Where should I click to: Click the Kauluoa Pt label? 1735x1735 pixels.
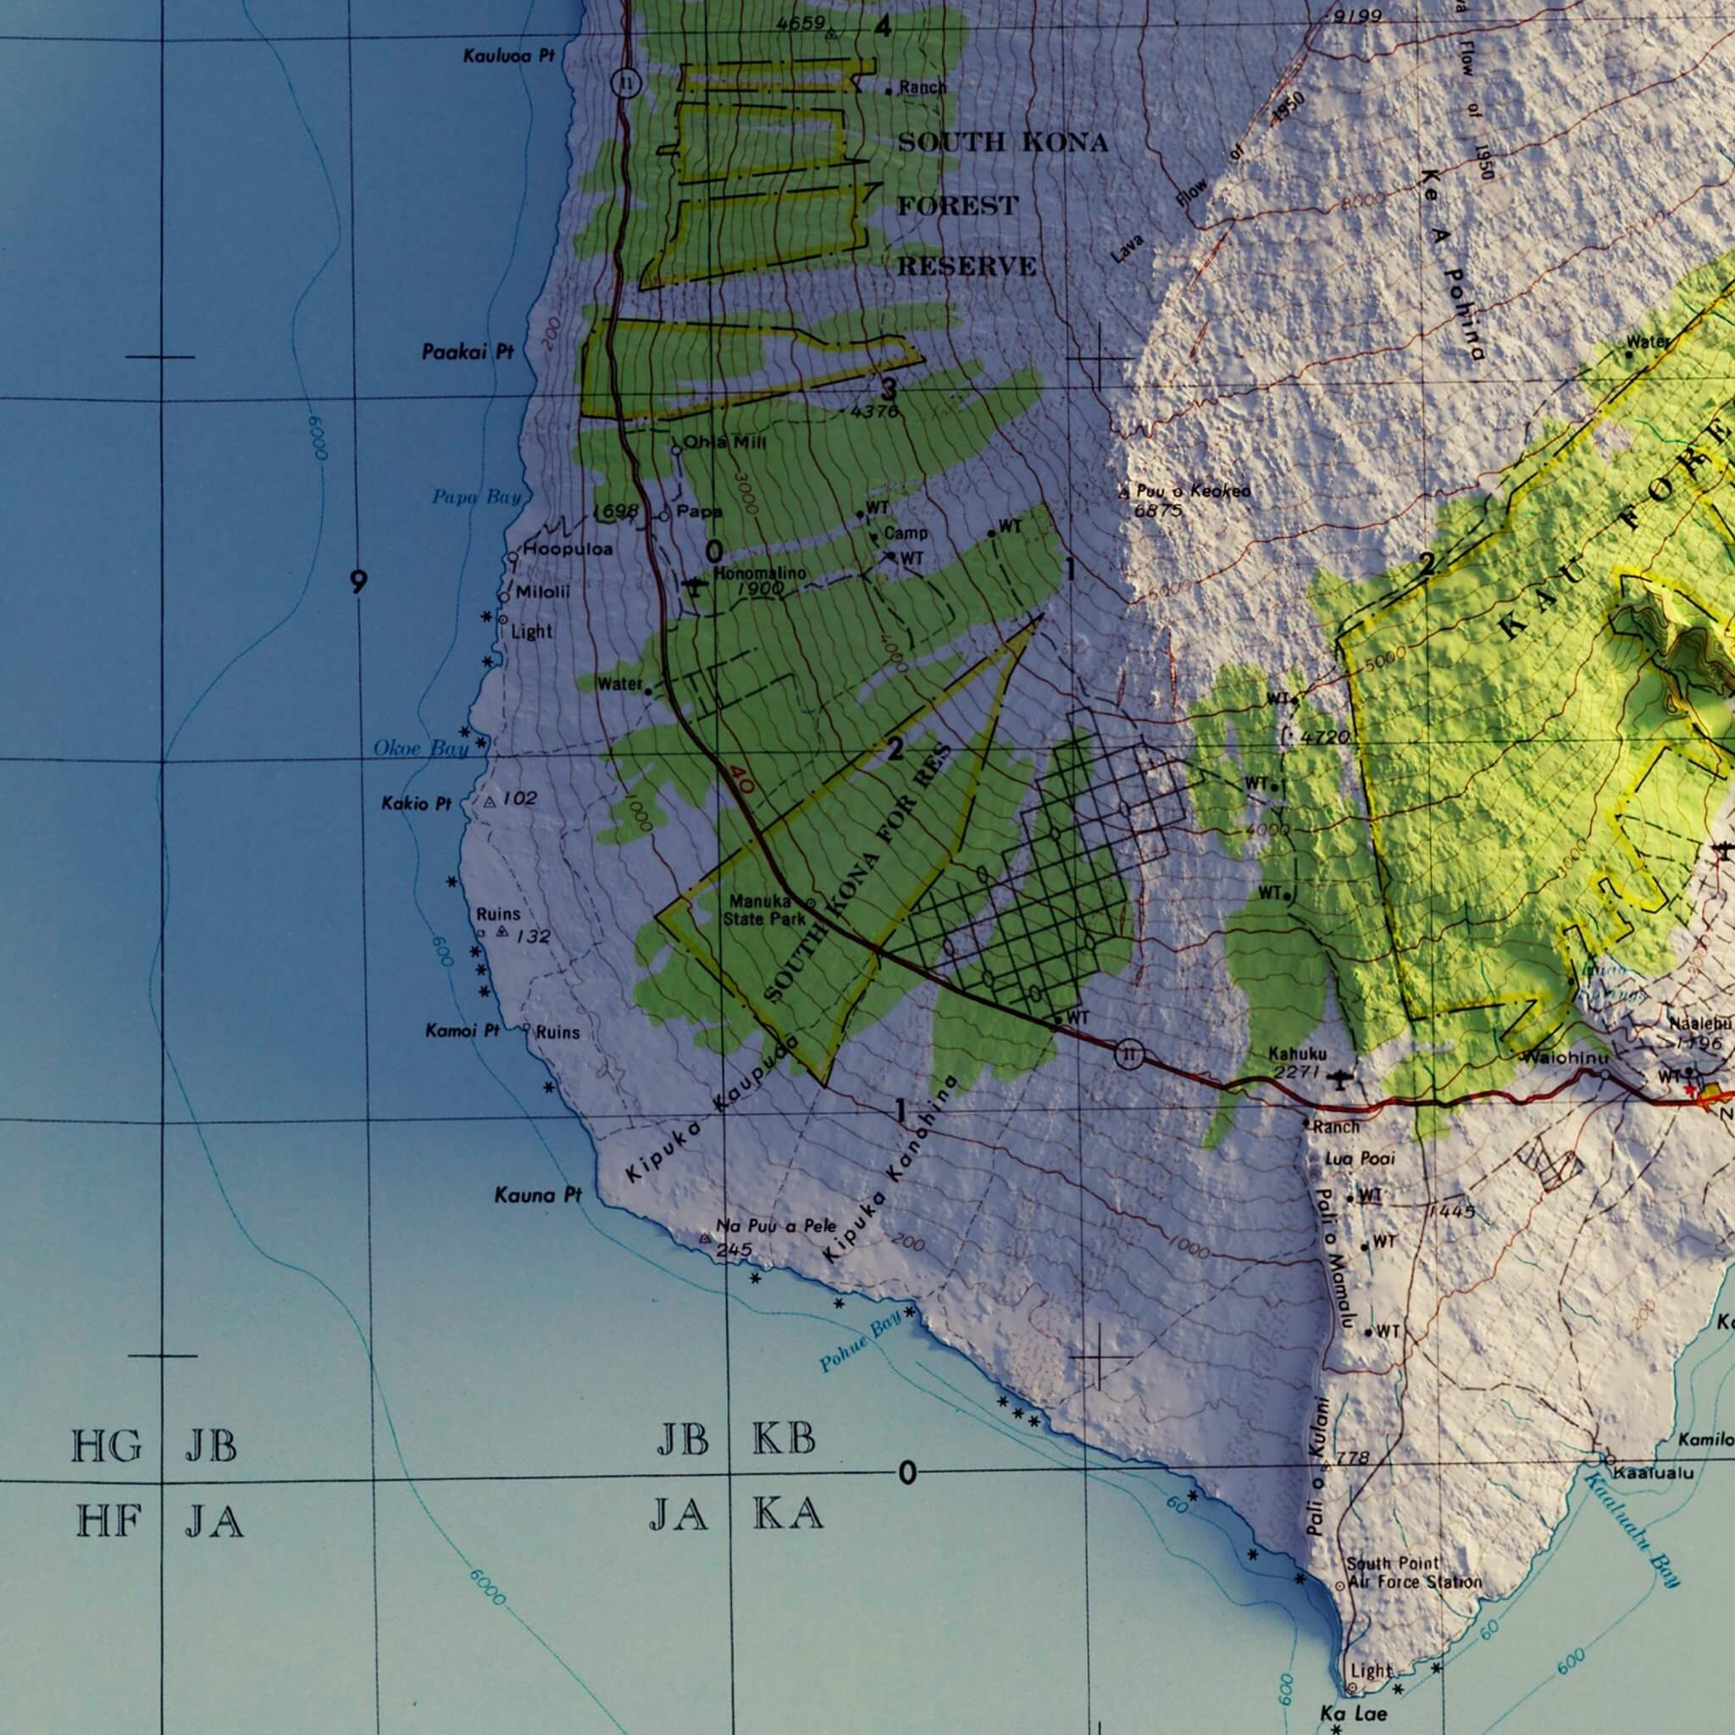pos(508,57)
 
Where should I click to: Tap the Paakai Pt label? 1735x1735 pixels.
pos(467,353)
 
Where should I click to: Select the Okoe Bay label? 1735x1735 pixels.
pos(420,748)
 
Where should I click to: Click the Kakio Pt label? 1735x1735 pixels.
pos(416,804)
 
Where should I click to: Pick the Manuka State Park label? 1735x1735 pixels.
pos(766,910)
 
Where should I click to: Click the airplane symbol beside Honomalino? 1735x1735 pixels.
pos(693,586)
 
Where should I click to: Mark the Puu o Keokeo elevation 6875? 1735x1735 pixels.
pos(1157,511)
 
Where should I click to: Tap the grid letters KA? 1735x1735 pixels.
pos(787,1515)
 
